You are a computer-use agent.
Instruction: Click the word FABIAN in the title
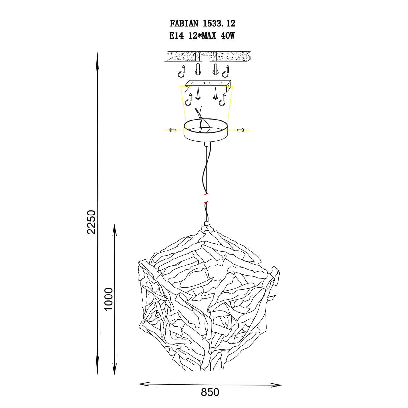coord(184,24)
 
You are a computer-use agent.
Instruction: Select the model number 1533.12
coord(219,24)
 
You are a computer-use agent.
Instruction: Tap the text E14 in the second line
coord(177,36)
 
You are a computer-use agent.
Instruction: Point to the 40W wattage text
coord(228,36)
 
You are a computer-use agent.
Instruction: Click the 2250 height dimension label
coord(91,222)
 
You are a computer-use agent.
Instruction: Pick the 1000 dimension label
coord(109,299)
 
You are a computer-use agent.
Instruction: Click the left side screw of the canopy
coord(173,130)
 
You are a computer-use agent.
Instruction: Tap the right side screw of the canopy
coord(241,130)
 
